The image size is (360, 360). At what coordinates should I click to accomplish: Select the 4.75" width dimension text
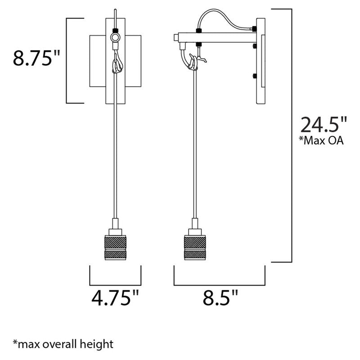[115, 298]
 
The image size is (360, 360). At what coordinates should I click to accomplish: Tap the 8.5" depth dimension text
[219, 298]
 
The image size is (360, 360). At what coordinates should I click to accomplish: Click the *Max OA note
[321, 141]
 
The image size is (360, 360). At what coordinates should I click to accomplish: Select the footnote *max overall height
[63, 345]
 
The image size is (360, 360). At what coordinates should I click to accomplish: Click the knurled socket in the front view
[115, 247]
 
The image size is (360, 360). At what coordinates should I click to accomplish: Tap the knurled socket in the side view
[195, 247]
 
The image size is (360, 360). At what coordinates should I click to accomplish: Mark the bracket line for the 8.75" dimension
[67, 61]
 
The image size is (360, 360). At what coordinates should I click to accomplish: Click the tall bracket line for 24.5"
[292, 135]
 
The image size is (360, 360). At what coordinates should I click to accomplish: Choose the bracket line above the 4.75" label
[115, 285]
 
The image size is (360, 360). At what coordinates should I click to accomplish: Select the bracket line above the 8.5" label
[219, 285]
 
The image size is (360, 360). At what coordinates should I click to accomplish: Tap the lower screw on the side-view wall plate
[255, 76]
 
